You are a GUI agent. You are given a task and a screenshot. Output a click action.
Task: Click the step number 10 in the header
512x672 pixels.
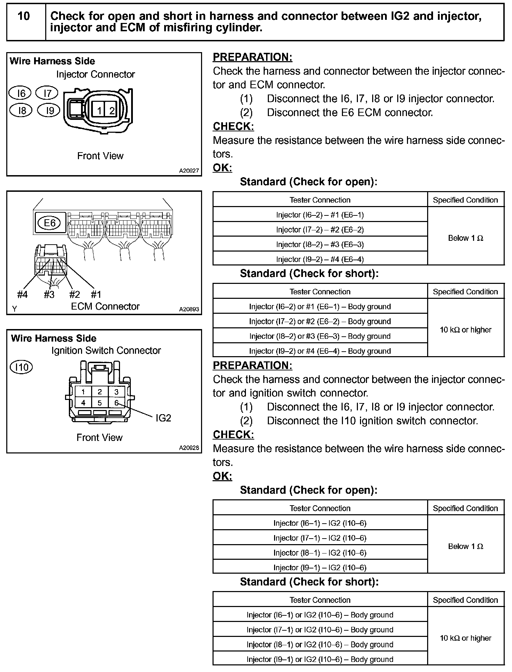pyautogui.click(x=24, y=16)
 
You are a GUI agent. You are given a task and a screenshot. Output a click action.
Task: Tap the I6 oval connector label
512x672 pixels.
pyautogui.click(x=21, y=93)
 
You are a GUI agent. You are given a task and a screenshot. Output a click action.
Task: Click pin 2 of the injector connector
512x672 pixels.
pyautogui.click(x=112, y=110)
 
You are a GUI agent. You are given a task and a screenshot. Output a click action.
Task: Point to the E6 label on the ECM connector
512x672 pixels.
pyautogui.click(x=50, y=223)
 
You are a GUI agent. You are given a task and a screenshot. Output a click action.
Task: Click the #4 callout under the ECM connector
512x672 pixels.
pyautogui.click(x=22, y=295)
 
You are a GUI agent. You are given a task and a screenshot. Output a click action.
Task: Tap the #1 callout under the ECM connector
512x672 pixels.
pyautogui.click(x=96, y=295)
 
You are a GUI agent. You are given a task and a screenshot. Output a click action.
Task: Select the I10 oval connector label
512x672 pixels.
pyautogui.click(x=22, y=367)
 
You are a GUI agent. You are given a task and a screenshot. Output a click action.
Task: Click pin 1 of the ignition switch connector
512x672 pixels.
pyautogui.click(x=83, y=392)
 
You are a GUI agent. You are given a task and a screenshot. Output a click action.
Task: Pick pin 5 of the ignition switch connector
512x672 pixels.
pyautogui.click(x=100, y=403)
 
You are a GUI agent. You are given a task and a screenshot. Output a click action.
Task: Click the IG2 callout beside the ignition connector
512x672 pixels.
pyautogui.click(x=163, y=418)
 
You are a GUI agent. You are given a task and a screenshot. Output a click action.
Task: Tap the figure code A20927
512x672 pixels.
pyautogui.click(x=189, y=171)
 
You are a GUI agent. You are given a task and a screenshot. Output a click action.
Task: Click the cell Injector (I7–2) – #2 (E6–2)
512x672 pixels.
pyautogui.click(x=320, y=230)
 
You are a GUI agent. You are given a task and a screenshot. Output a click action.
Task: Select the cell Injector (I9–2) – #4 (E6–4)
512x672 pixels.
pyautogui.click(x=320, y=259)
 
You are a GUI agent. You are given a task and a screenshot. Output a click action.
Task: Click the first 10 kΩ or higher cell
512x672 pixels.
pyautogui.click(x=465, y=330)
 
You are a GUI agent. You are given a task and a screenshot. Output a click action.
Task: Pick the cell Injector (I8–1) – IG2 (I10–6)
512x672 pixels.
pyautogui.click(x=320, y=553)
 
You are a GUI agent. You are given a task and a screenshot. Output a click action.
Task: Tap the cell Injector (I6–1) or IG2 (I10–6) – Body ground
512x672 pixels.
pyautogui.click(x=320, y=615)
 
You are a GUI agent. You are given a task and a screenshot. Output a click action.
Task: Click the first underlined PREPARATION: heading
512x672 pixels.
pyautogui.click(x=253, y=57)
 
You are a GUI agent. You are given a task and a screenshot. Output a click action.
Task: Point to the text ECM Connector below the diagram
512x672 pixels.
pyautogui.click(x=105, y=306)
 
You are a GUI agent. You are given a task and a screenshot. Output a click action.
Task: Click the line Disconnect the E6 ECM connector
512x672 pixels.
pyautogui.click(x=350, y=113)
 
